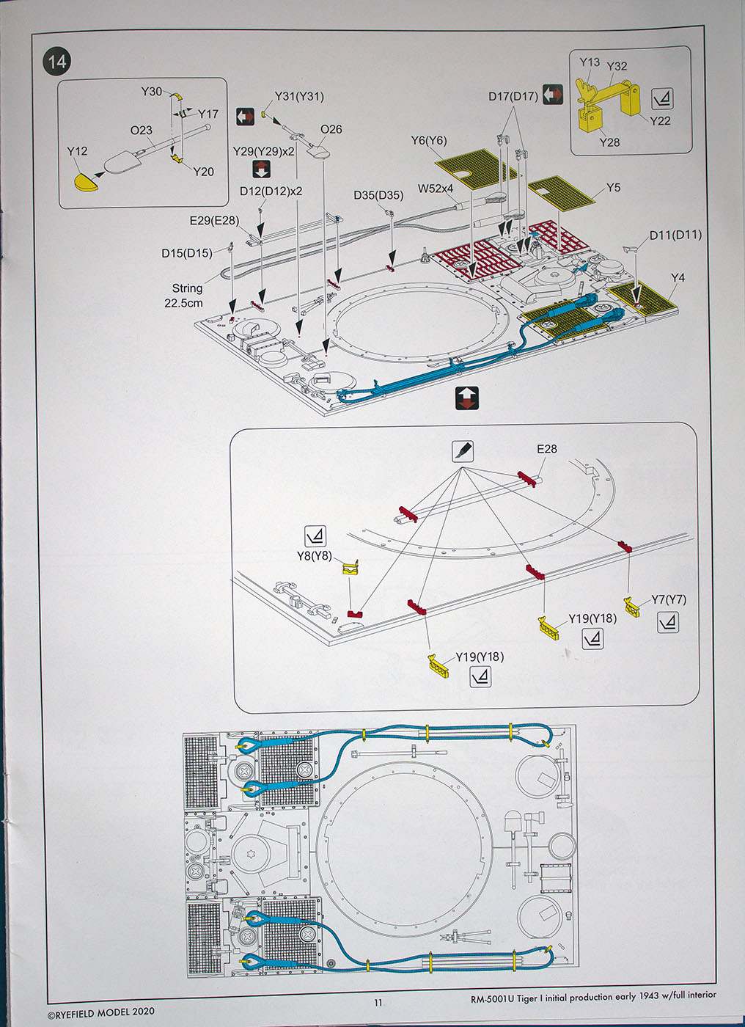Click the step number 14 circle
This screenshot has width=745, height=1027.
(x=56, y=62)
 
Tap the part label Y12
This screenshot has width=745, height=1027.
(x=77, y=151)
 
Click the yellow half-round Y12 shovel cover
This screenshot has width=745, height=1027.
(x=86, y=182)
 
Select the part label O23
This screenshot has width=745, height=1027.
(x=141, y=131)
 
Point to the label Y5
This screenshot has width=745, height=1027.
(x=613, y=188)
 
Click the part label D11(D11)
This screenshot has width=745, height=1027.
(x=675, y=235)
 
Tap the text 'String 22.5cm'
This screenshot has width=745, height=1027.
(x=185, y=296)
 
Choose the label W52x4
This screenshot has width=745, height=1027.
(x=436, y=188)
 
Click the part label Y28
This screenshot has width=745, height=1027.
(x=609, y=142)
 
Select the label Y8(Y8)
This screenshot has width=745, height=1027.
(x=315, y=556)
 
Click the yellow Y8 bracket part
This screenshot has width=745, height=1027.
(x=351, y=568)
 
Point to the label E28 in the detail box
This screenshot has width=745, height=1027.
(x=546, y=449)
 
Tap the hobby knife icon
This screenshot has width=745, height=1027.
(x=462, y=450)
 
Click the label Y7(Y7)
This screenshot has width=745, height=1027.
(x=669, y=600)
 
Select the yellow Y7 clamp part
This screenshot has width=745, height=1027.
(x=632, y=607)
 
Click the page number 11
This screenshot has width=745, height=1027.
(x=378, y=1003)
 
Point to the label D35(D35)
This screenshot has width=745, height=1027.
(x=378, y=195)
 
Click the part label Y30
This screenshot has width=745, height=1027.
(x=152, y=92)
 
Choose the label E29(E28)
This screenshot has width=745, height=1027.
(x=214, y=221)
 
